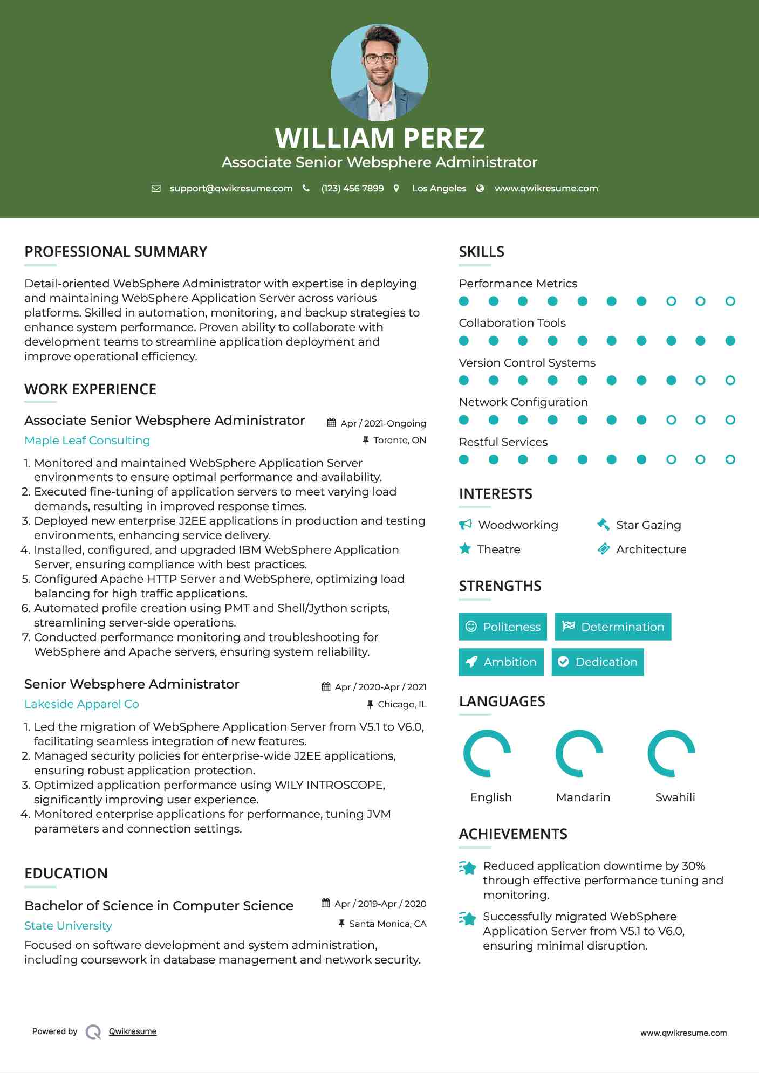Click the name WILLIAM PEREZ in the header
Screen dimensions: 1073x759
point(379,138)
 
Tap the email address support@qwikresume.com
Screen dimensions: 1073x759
point(231,188)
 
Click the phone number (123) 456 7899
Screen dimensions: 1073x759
point(352,188)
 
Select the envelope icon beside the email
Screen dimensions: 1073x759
point(156,189)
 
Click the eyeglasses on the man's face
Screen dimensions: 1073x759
point(379,59)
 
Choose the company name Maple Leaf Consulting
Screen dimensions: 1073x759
point(87,441)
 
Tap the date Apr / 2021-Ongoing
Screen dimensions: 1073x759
point(383,423)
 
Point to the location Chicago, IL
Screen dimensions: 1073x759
point(402,704)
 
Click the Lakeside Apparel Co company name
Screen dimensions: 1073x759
point(81,704)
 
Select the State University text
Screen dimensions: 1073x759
point(68,926)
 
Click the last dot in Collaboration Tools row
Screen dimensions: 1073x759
point(730,341)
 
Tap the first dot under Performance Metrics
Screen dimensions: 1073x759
point(464,301)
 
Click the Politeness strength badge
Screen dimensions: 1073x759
point(502,627)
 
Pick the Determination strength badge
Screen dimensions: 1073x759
point(613,627)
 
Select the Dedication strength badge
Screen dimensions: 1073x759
point(597,662)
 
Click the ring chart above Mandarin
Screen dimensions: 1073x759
point(579,753)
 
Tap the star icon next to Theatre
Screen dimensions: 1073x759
point(465,549)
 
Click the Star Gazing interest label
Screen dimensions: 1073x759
point(648,525)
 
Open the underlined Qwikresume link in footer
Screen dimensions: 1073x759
point(133,1031)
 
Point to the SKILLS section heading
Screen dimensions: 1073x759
point(481,252)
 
